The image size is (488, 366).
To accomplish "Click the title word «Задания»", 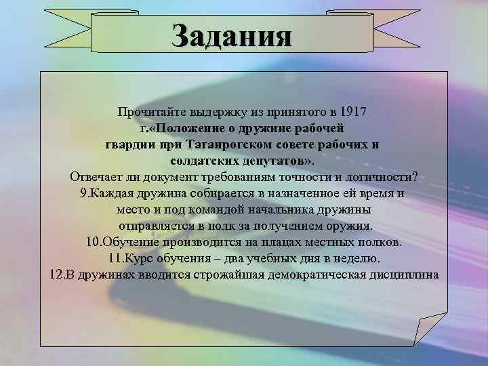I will tap(232, 35).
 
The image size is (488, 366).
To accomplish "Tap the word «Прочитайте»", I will tap(148, 111).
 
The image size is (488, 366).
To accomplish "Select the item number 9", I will tap(83, 192).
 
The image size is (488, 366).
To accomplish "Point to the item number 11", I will tap(114, 258).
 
